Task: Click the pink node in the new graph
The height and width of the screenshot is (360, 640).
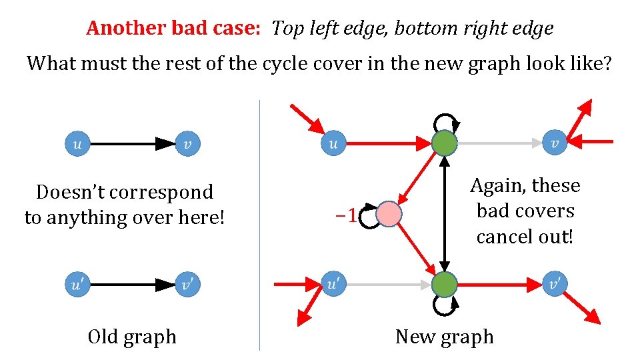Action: [x=389, y=215]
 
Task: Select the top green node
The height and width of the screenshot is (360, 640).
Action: [x=445, y=143]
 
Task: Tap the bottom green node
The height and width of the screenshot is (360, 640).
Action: [x=445, y=284]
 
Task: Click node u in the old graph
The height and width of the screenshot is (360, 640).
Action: [x=77, y=143]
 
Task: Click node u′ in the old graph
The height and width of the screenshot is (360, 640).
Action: [x=77, y=285]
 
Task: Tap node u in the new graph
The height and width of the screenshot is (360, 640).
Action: [x=334, y=143]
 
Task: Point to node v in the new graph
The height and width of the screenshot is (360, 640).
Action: [x=555, y=143]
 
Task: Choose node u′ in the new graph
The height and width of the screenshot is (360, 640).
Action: [x=334, y=284]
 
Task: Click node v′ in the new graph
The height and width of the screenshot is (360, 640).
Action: [x=555, y=284]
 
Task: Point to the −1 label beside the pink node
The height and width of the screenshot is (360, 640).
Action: [x=345, y=215]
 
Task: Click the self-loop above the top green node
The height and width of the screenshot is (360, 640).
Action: [x=445, y=121]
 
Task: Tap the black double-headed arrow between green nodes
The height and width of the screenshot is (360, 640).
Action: [x=445, y=213]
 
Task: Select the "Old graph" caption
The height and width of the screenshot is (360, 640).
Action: [x=132, y=337]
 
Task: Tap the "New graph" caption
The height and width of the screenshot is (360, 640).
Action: [x=445, y=337]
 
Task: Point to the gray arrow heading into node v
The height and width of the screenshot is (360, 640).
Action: [x=500, y=143]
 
